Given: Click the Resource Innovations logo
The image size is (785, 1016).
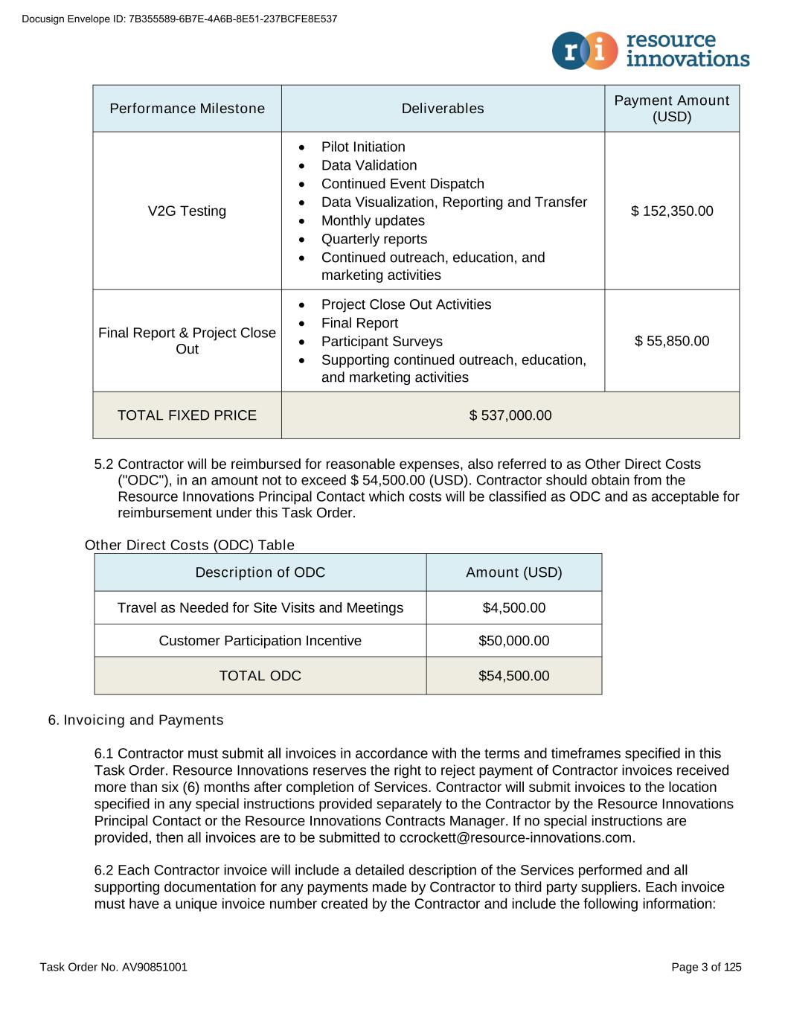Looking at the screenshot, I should (650, 50).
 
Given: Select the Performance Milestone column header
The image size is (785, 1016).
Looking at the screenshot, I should (187, 109).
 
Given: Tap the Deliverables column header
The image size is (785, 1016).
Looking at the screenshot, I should (443, 109).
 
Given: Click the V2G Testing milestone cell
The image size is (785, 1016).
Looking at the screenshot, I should (187, 211).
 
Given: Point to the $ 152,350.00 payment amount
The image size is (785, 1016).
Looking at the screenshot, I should (672, 211).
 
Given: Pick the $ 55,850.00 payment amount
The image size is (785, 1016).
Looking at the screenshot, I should (672, 341).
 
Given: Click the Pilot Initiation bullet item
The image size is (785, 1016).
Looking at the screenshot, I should (363, 147).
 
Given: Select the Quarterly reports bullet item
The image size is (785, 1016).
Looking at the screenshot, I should (374, 239).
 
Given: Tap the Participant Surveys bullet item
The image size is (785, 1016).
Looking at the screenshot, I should (382, 341).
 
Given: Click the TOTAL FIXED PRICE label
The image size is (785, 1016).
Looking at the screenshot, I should (187, 415).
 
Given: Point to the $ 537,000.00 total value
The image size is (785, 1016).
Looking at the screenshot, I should (510, 415).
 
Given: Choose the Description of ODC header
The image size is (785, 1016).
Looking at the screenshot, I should (260, 572).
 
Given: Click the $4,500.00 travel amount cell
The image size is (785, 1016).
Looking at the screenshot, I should (514, 608).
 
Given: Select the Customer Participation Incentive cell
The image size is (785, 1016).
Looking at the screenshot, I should (260, 641).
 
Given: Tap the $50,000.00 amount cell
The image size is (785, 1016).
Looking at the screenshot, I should (514, 641).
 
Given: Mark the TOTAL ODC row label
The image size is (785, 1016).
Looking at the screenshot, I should (260, 676).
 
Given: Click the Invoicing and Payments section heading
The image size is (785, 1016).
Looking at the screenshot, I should (135, 720).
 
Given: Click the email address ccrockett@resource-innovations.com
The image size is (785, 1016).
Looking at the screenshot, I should (516, 837).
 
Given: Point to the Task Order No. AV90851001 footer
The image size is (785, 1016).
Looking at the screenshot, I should (114, 967).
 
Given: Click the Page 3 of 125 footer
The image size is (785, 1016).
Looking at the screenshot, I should (706, 967).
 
